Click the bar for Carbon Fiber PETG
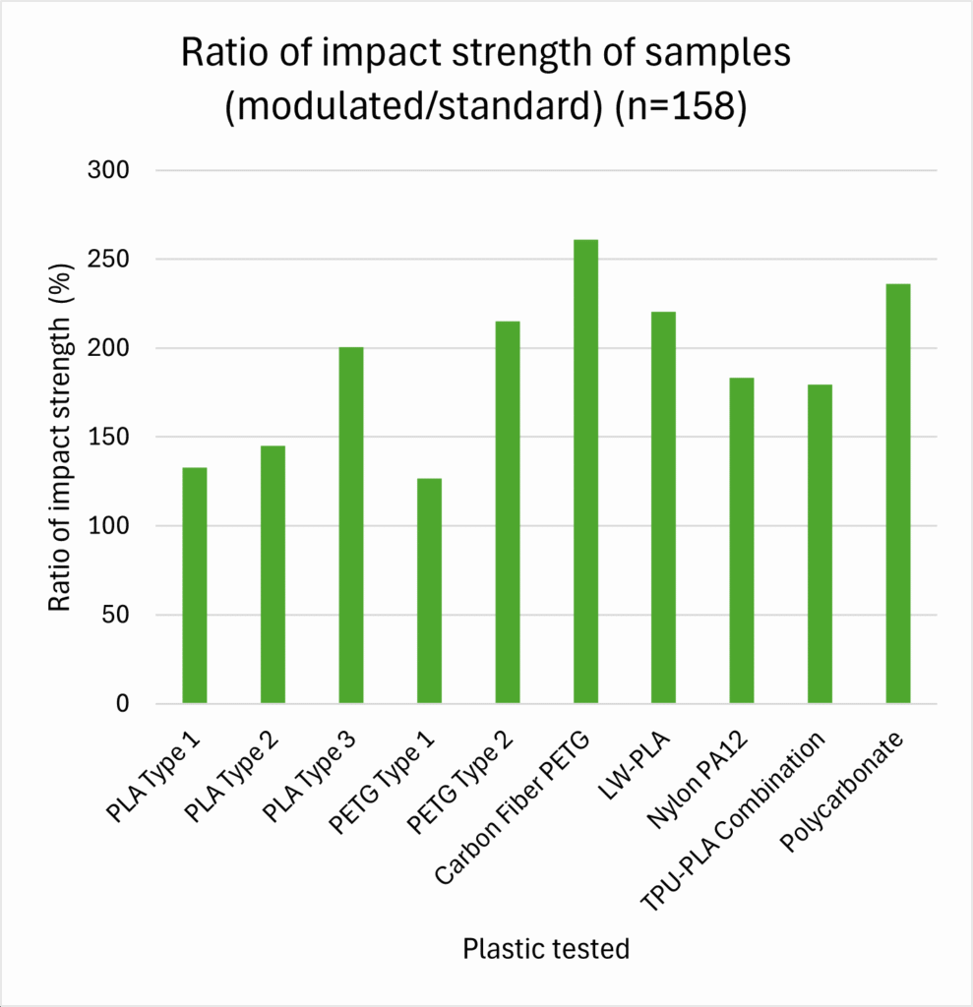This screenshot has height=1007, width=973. point(585,472)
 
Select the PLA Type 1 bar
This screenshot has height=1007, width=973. point(195,585)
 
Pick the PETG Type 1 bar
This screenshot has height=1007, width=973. point(429,590)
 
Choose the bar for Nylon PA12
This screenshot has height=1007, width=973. point(742,541)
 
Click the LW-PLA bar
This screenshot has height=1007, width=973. point(663,507)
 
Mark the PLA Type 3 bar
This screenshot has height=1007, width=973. point(351,525)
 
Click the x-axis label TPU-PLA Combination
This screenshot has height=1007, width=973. point(734,820)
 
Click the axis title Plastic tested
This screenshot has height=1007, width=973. point(546,949)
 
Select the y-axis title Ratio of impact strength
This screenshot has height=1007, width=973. point(61,438)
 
